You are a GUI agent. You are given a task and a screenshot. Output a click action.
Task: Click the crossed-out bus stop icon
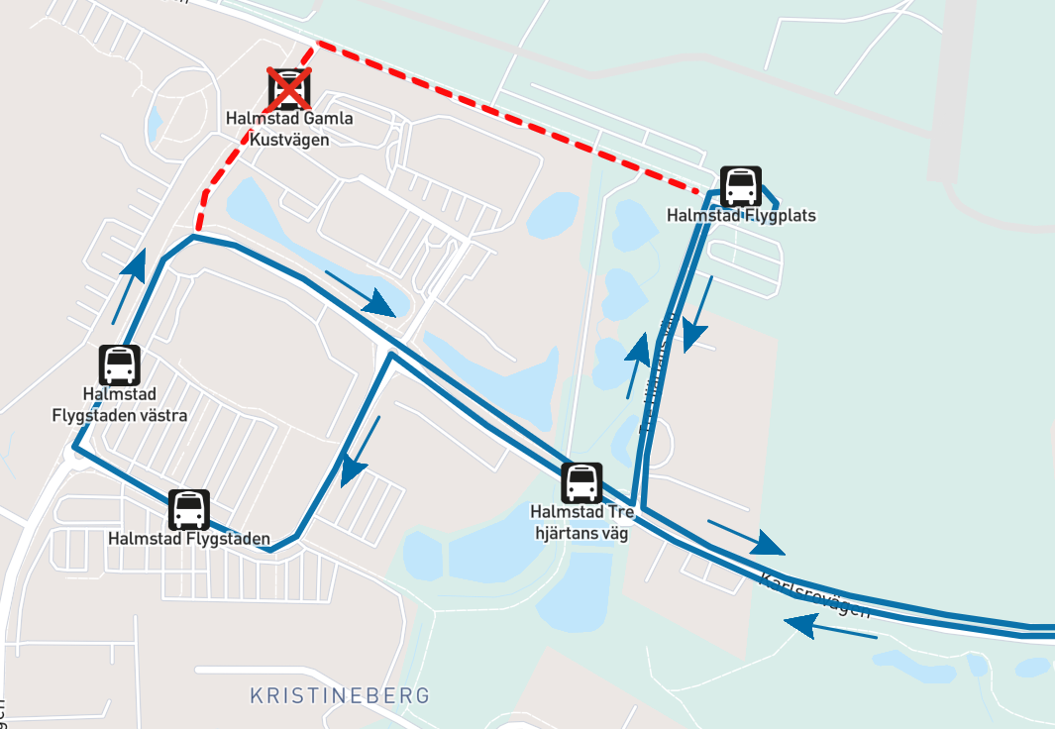tap(289, 89)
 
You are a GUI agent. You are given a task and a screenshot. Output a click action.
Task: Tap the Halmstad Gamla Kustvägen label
tap(289, 129)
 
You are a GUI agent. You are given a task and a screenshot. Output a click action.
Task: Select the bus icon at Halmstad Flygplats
tap(741, 186)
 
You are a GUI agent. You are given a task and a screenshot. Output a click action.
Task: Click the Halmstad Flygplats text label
tap(741, 215)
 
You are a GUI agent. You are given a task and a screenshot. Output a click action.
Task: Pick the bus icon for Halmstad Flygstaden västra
tap(119, 364)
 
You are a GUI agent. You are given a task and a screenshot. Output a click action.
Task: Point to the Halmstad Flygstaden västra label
tap(119, 404)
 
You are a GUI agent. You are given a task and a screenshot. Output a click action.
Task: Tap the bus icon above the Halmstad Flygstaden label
tap(188, 510)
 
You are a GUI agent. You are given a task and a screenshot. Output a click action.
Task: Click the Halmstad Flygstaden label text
tap(188, 539)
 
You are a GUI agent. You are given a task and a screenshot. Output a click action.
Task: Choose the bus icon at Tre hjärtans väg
tap(581, 482)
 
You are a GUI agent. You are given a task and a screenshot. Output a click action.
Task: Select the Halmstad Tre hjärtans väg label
tap(581, 521)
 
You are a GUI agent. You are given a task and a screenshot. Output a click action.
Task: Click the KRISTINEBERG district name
tap(340, 695)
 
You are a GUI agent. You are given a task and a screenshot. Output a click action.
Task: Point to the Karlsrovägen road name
tap(814, 594)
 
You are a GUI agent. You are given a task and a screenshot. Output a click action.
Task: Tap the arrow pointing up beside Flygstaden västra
tap(129, 285)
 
